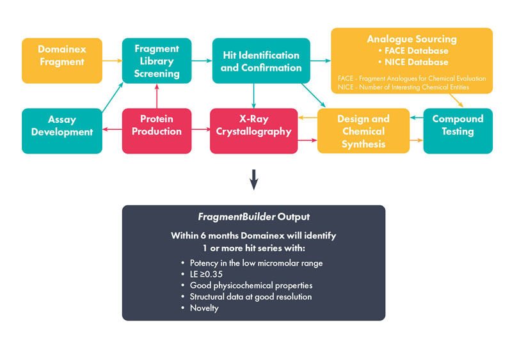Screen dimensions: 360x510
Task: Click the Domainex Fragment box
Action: click(61, 60)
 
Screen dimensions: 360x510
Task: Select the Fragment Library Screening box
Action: click(157, 60)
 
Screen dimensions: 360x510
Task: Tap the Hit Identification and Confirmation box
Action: click(260, 60)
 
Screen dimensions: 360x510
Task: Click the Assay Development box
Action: click(61, 130)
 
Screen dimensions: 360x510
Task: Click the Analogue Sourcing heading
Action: click(411, 39)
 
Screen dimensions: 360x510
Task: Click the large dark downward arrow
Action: click(254, 181)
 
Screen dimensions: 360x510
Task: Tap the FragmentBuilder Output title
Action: click(253, 217)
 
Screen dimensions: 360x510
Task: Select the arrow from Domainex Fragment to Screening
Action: click(112, 60)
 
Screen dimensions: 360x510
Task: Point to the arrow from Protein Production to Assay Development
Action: click(112, 130)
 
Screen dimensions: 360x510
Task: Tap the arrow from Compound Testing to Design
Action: click(417, 118)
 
